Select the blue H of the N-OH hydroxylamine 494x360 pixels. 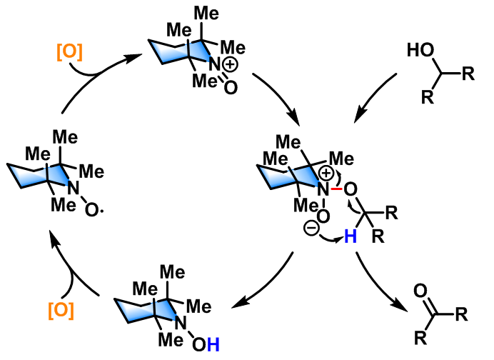pos(214,346)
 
